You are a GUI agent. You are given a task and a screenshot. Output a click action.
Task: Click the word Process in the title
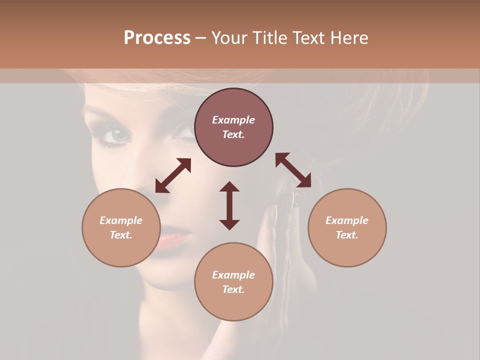pyautogui.click(x=157, y=38)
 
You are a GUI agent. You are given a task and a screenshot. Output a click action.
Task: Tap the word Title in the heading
pyautogui.click(x=267, y=38)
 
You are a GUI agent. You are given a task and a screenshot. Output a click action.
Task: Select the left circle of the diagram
pyautogui.click(x=121, y=227)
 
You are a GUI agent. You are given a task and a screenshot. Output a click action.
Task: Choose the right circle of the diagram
pyautogui.click(x=347, y=227)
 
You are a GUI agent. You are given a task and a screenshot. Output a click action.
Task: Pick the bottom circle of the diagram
pyautogui.click(x=233, y=282)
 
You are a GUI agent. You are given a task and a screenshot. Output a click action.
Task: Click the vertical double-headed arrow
pyautogui.click(x=229, y=205)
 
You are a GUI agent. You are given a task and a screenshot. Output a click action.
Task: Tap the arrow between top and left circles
pyautogui.click(x=173, y=175)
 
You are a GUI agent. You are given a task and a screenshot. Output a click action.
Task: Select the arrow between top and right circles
pyautogui.click(x=293, y=170)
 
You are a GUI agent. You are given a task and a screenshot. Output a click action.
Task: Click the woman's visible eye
pyautogui.click(x=118, y=135)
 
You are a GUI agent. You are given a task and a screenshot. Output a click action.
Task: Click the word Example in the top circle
pyautogui.click(x=233, y=120)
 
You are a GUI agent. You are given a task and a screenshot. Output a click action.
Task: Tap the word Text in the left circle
pyautogui.click(x=121, y=235)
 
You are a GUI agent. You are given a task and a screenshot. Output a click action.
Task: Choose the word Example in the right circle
pyautogui.click(x=347, y=220)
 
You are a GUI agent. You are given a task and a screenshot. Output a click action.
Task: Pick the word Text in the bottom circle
pyautogui.click(x=233, y=289)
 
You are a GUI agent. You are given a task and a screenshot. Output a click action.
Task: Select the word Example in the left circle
pyautogui.click(x=121, y=220)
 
